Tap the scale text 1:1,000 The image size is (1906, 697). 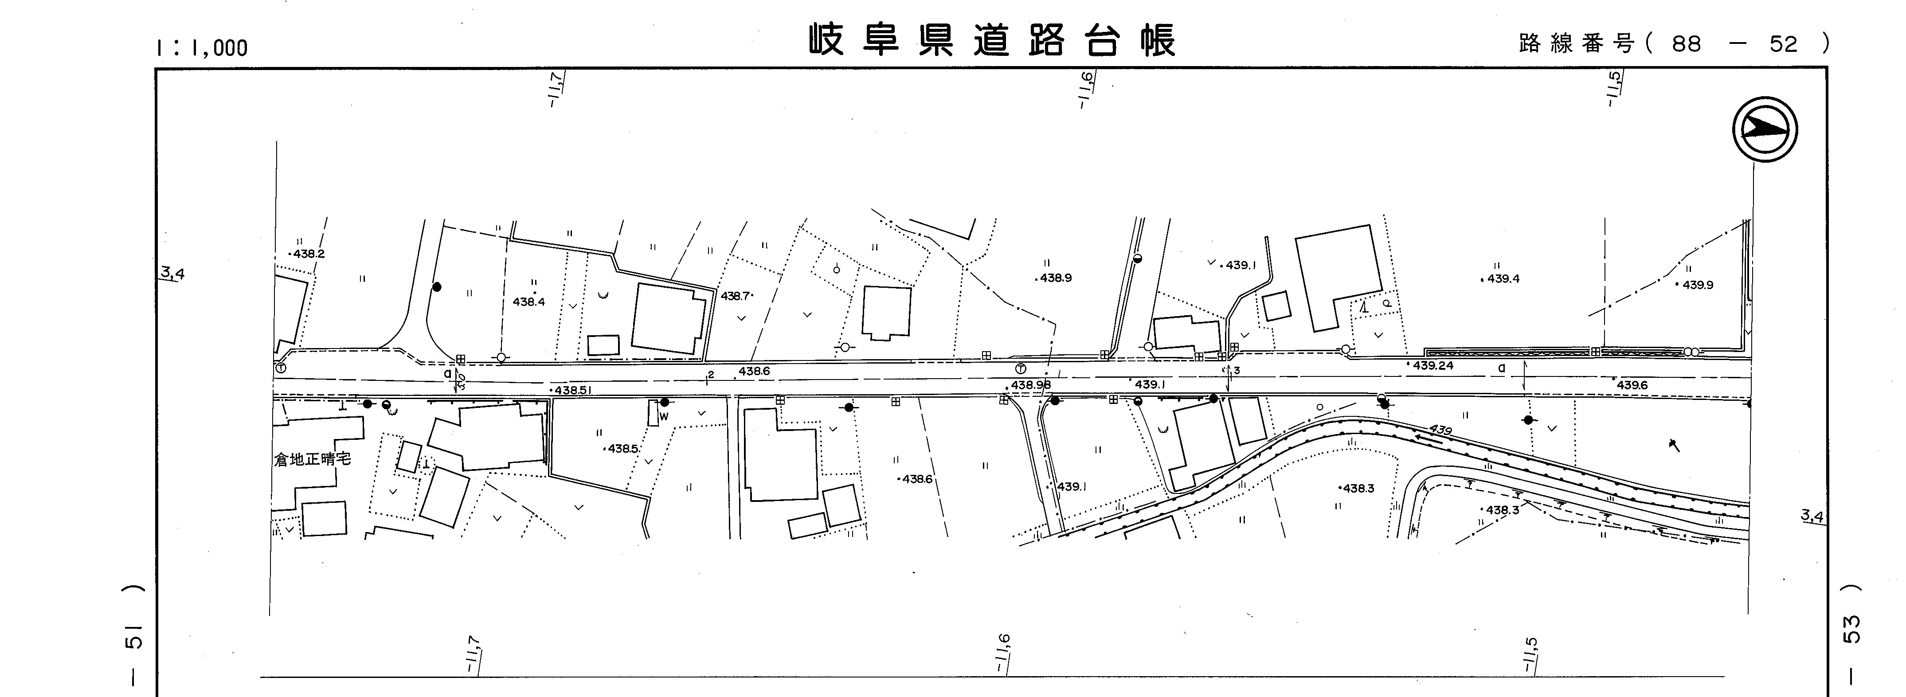201,48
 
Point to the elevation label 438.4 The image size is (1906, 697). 528,302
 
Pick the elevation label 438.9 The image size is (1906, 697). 1055,278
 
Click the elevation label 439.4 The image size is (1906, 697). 1503,279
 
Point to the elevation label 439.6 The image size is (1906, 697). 1632,385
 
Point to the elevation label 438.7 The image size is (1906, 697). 736,296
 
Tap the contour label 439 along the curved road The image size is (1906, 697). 1440,429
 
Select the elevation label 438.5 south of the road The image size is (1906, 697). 623,448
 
